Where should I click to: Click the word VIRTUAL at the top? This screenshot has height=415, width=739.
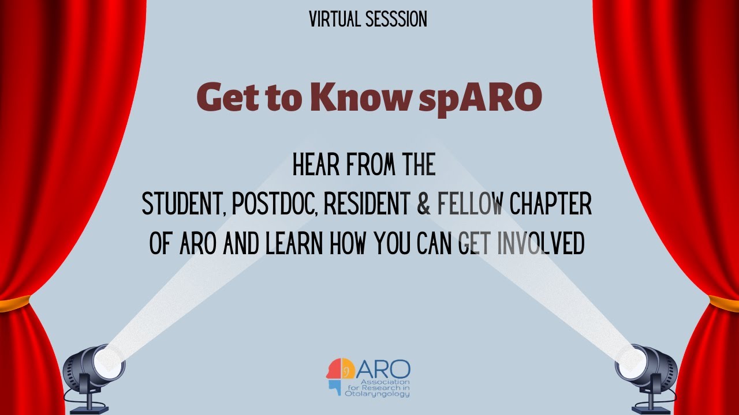335,20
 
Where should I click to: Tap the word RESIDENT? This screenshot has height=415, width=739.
367,205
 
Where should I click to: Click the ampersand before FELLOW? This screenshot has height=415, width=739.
424,205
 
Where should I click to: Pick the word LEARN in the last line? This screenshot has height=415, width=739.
294,244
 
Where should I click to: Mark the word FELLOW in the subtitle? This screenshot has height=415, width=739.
471,205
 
